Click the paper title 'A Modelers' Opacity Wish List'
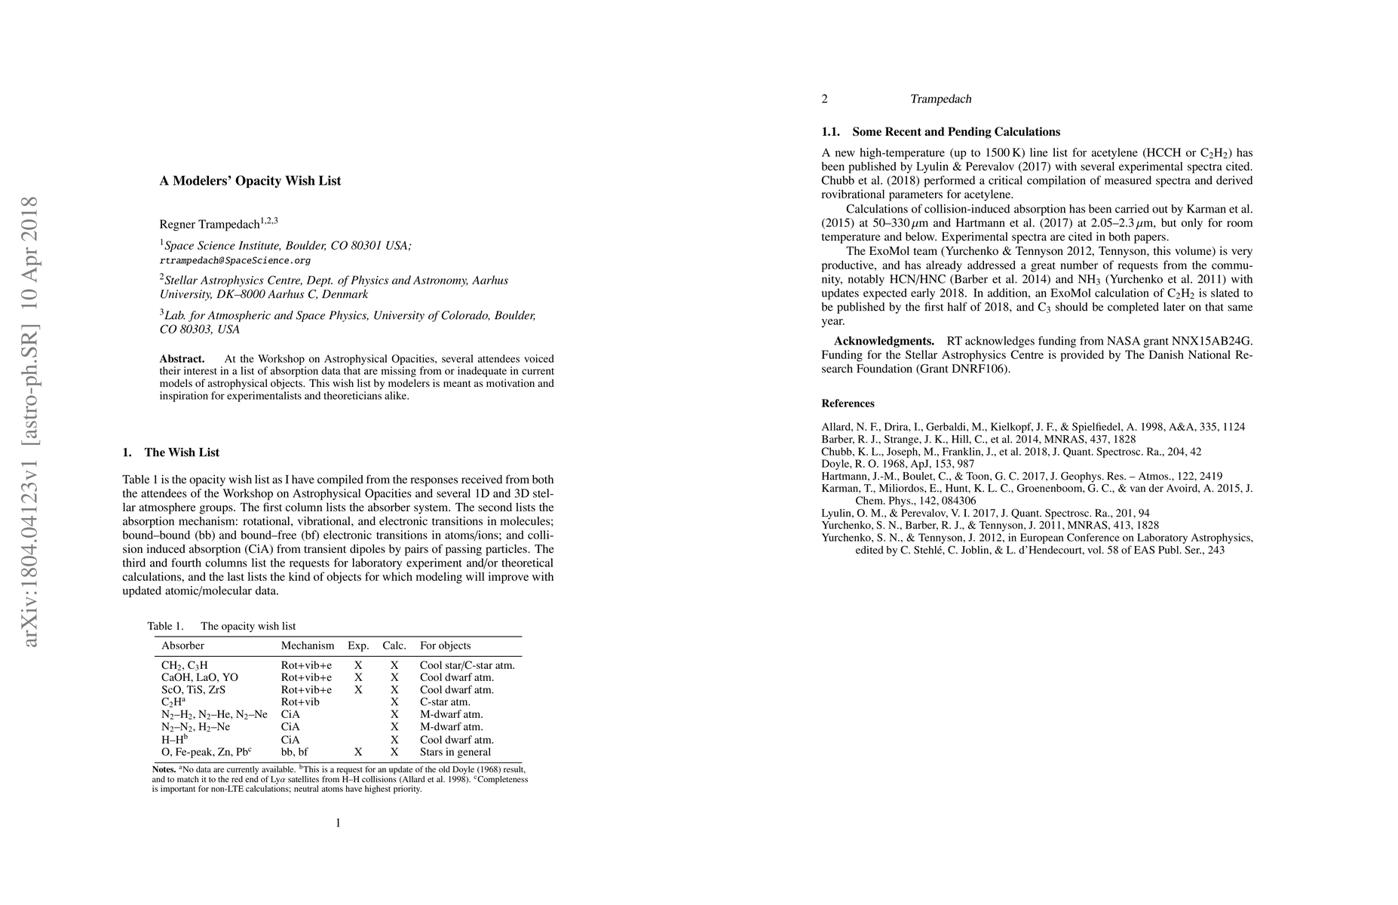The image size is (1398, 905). [x=250, y=181]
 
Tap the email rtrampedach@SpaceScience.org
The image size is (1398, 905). [x=235, y=260]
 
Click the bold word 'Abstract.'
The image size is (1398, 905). [x=182, y=359]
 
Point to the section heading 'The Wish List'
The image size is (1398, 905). [x=181, y=452]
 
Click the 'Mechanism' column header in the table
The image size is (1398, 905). [x=307, y=646]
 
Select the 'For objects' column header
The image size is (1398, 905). [x=445, y=646]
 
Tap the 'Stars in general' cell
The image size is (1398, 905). [x=455, y=752]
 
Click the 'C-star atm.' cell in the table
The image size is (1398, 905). [x=445, y=702]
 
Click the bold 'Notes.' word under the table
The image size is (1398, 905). [x=164, y=769]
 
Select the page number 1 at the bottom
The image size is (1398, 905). [x=338, y=823]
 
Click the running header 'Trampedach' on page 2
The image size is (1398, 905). [x=940, y=99]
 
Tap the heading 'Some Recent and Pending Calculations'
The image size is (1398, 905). [x=955, y=132]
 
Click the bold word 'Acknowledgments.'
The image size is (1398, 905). [x=884, y=341]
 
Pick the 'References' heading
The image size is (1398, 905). [x=848, y=403]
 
